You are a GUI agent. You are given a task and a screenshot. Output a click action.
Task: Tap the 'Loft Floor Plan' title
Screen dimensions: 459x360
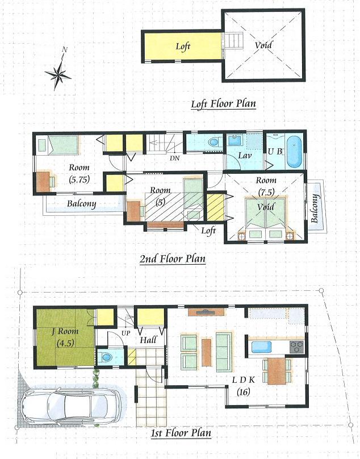point(223,104)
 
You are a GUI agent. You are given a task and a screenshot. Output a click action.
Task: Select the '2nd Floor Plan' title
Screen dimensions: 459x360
point(173,259)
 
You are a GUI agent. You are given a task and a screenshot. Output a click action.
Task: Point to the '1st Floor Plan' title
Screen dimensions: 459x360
point(181,433)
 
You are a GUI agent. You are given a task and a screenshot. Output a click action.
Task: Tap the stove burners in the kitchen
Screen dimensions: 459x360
point(297,345)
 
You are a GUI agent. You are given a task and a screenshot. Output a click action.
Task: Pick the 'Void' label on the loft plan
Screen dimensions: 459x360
point(263,45)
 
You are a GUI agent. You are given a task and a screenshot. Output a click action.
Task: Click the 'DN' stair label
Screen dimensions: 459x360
point(175,157)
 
